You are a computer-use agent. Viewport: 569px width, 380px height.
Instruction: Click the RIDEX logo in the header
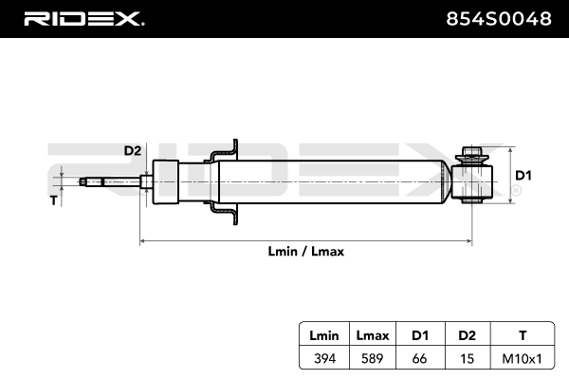[84, 19]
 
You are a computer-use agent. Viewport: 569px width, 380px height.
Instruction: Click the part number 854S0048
[499, 19]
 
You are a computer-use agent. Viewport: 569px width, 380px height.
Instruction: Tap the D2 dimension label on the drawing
[133, 150]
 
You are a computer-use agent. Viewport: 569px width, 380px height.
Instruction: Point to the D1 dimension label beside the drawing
[523, 176]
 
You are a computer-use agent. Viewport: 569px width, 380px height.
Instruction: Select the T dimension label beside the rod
[54, 200]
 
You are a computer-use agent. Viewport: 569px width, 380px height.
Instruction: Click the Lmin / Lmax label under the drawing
[306, 251]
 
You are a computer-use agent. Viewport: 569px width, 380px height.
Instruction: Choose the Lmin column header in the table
[324, 335]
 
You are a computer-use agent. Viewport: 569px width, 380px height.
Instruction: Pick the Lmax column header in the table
[373, 335]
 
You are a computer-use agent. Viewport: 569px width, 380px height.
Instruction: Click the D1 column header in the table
[420, 335]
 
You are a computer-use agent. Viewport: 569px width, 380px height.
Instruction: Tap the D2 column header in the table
[467, 335]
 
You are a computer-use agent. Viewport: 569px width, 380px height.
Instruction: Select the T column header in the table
[523, 335]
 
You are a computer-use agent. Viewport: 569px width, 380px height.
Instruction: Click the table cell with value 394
[324, 359]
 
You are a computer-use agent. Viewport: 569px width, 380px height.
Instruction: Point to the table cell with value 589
[373, 359]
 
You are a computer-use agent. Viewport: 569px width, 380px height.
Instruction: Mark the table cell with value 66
[419, 359]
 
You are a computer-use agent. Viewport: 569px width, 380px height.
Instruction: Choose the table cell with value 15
[467, 359]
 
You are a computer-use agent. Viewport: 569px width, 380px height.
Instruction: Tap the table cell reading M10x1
[523, 359]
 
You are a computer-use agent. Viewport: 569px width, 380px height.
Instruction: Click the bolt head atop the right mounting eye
[471, 150]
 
